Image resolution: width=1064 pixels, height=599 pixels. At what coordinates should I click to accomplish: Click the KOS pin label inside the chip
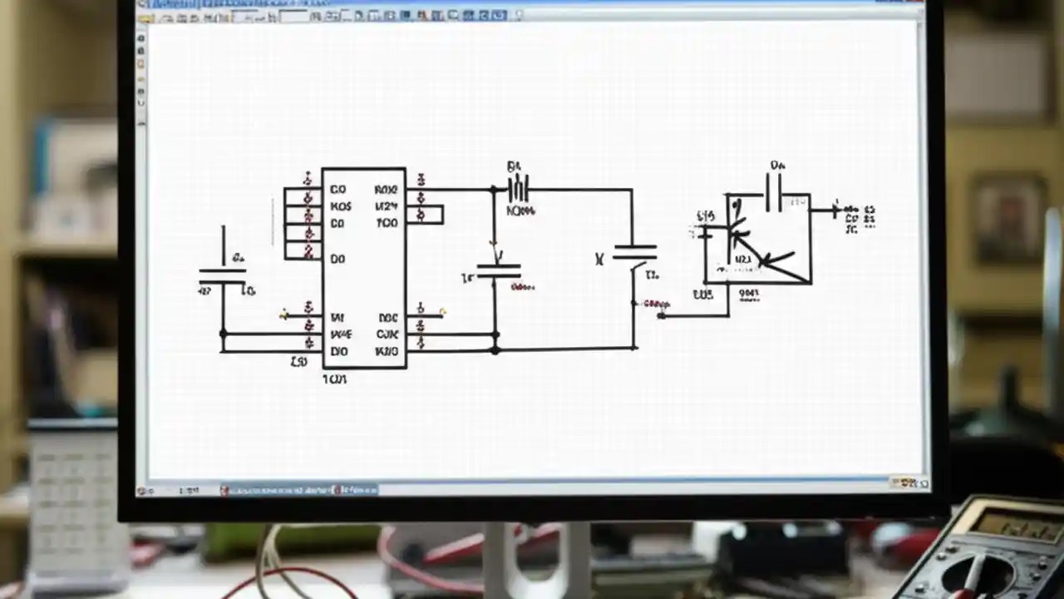coord(341,206)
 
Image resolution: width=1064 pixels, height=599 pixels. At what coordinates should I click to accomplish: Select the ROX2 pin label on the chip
coord(387,190)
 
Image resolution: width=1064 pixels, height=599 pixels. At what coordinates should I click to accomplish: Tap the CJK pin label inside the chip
coord(387,334)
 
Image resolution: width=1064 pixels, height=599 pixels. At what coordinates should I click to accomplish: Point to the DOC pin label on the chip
coord(387,318)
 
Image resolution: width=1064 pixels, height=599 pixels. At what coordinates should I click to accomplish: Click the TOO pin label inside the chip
coord(387,223)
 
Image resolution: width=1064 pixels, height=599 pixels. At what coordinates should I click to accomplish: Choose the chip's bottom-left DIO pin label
coord(339,352)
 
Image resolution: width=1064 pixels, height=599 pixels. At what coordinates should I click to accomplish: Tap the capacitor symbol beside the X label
coord(634,251)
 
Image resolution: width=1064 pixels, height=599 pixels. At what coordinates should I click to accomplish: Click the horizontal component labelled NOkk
coord(519,189)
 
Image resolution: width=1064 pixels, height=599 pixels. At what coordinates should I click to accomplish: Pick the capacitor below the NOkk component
coord(497,271)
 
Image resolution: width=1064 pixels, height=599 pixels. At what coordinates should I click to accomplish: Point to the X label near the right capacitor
coord(598,260)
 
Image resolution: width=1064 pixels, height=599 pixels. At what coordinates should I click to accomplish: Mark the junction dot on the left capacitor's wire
coord(223,334)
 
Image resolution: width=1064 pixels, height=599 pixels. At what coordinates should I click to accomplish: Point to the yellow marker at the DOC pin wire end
coord(442,313)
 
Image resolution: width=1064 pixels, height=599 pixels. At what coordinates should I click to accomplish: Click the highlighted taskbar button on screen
coord(299,490)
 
